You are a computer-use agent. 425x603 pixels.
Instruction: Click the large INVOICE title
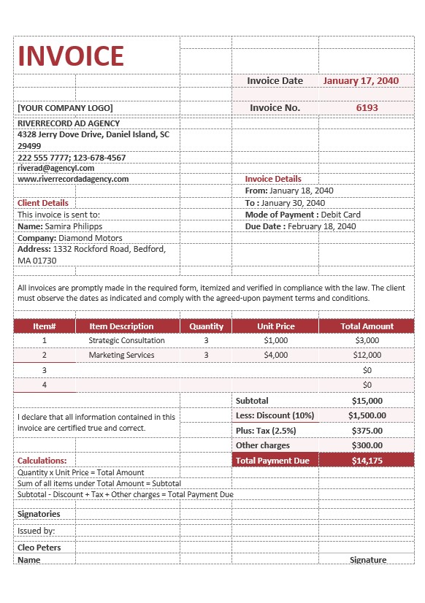point(71,56)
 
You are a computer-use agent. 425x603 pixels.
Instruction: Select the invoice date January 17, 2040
point(361,81)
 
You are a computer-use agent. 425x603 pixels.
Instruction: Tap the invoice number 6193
point(367,107)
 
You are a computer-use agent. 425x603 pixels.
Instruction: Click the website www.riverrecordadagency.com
point(73,179)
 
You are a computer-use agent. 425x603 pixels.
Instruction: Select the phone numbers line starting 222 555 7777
point(72,157)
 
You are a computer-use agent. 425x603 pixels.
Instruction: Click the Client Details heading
point(43,203)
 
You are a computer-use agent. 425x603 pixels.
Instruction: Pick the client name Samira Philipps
point(60,226)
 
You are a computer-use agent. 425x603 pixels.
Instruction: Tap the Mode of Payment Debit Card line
point(302,215)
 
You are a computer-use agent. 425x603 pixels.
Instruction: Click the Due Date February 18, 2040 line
point(300,226)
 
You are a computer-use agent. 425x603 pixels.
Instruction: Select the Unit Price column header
point(276,326)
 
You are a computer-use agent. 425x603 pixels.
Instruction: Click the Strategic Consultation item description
point(126,340)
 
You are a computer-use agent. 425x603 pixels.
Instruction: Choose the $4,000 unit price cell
point(276,355)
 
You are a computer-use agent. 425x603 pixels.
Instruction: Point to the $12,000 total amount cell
point(367,355)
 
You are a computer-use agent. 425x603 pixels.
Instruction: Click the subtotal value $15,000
point(367,401)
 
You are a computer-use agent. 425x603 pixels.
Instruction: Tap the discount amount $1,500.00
point(367,415)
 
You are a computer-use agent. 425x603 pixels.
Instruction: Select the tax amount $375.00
point(367,431)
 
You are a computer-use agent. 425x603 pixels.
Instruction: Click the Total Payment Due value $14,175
point(367,461)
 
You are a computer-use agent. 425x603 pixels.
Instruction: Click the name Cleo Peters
point(39,548)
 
